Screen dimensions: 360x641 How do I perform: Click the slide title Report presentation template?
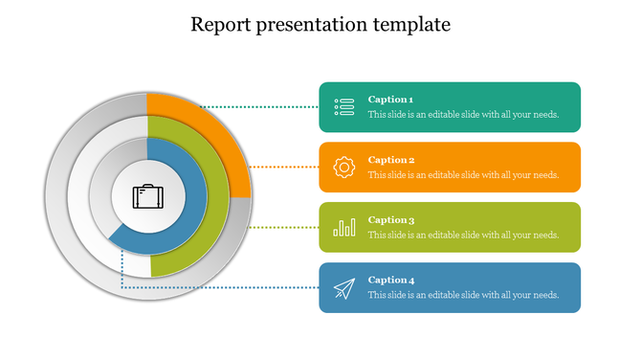click(320, 24)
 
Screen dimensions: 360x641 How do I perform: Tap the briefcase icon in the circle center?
click(147, 197)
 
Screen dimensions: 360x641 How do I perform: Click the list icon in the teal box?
click(344, 107)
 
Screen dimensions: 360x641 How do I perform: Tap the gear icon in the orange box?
click(344, 168)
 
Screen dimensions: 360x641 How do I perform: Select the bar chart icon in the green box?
click(344, 228)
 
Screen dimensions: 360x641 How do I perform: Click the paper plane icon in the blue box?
click(344, 288)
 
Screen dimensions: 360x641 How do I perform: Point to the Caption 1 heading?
click(390, 100)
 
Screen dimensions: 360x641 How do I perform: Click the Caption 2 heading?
click(390, 160)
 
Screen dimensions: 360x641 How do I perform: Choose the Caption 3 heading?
click(390, 220)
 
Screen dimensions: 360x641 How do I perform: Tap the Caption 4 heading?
click(390, 281)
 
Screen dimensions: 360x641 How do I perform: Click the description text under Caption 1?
click(463, 115)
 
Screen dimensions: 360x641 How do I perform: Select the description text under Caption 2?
click(463, 175)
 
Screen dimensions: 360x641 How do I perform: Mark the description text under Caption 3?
click(463, 236)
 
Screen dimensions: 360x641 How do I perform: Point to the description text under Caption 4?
click(463, 296)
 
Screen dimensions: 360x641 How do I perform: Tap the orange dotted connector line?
click(283, 168)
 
